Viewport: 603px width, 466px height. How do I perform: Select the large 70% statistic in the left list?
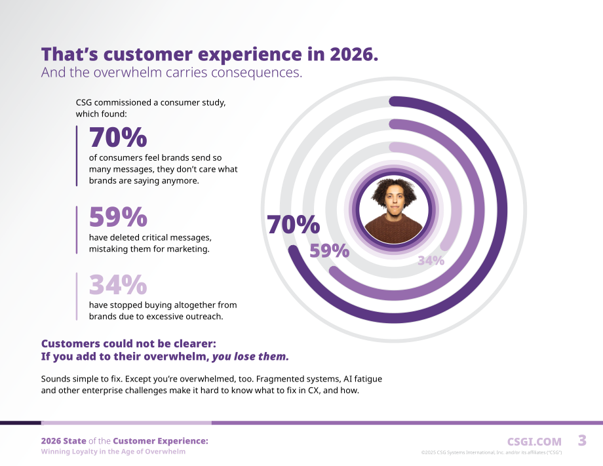coord(118,137)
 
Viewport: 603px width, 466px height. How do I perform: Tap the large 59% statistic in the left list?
coord(118,217)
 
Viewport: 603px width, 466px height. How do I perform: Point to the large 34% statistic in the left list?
coord(118,284)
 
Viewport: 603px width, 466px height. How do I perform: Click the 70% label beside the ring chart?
coord(293,225)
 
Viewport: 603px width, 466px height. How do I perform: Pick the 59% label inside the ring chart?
coord(330,250)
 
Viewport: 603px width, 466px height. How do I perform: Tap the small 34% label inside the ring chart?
coord(431,261)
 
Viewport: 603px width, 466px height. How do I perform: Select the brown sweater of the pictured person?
coord(393,229)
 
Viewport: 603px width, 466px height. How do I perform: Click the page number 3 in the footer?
coord(582,440)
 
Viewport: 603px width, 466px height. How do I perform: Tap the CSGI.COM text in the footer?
coord(534,442)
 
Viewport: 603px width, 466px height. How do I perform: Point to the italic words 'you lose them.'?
coord(250,357)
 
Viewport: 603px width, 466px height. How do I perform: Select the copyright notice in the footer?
coord(492,452)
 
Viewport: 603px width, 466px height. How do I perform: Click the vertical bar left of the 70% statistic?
coord(77,156)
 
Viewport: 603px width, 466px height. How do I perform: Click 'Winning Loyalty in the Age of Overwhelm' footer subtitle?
coord(113,452)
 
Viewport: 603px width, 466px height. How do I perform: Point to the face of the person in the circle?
coord(393,201)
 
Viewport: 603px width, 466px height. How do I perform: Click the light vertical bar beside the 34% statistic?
coord(77,296)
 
